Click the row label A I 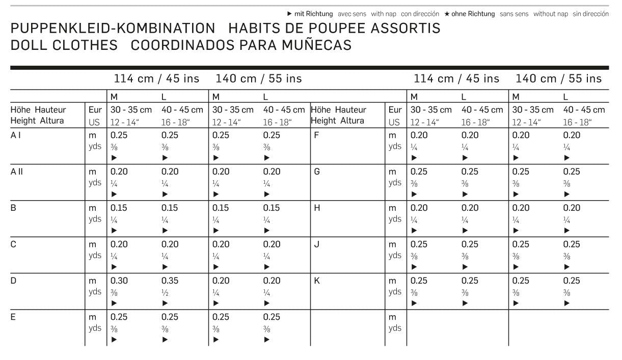15,135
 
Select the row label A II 16,172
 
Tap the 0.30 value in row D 120,281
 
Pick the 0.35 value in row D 170,281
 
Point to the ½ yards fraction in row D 165,292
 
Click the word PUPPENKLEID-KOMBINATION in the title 113,29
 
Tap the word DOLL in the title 29,45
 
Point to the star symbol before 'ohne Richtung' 447,14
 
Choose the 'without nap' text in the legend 551,14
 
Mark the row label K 317,281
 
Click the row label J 317,244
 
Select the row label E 13,317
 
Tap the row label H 317,208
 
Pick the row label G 317,172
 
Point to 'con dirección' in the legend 420,14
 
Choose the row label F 316,135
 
